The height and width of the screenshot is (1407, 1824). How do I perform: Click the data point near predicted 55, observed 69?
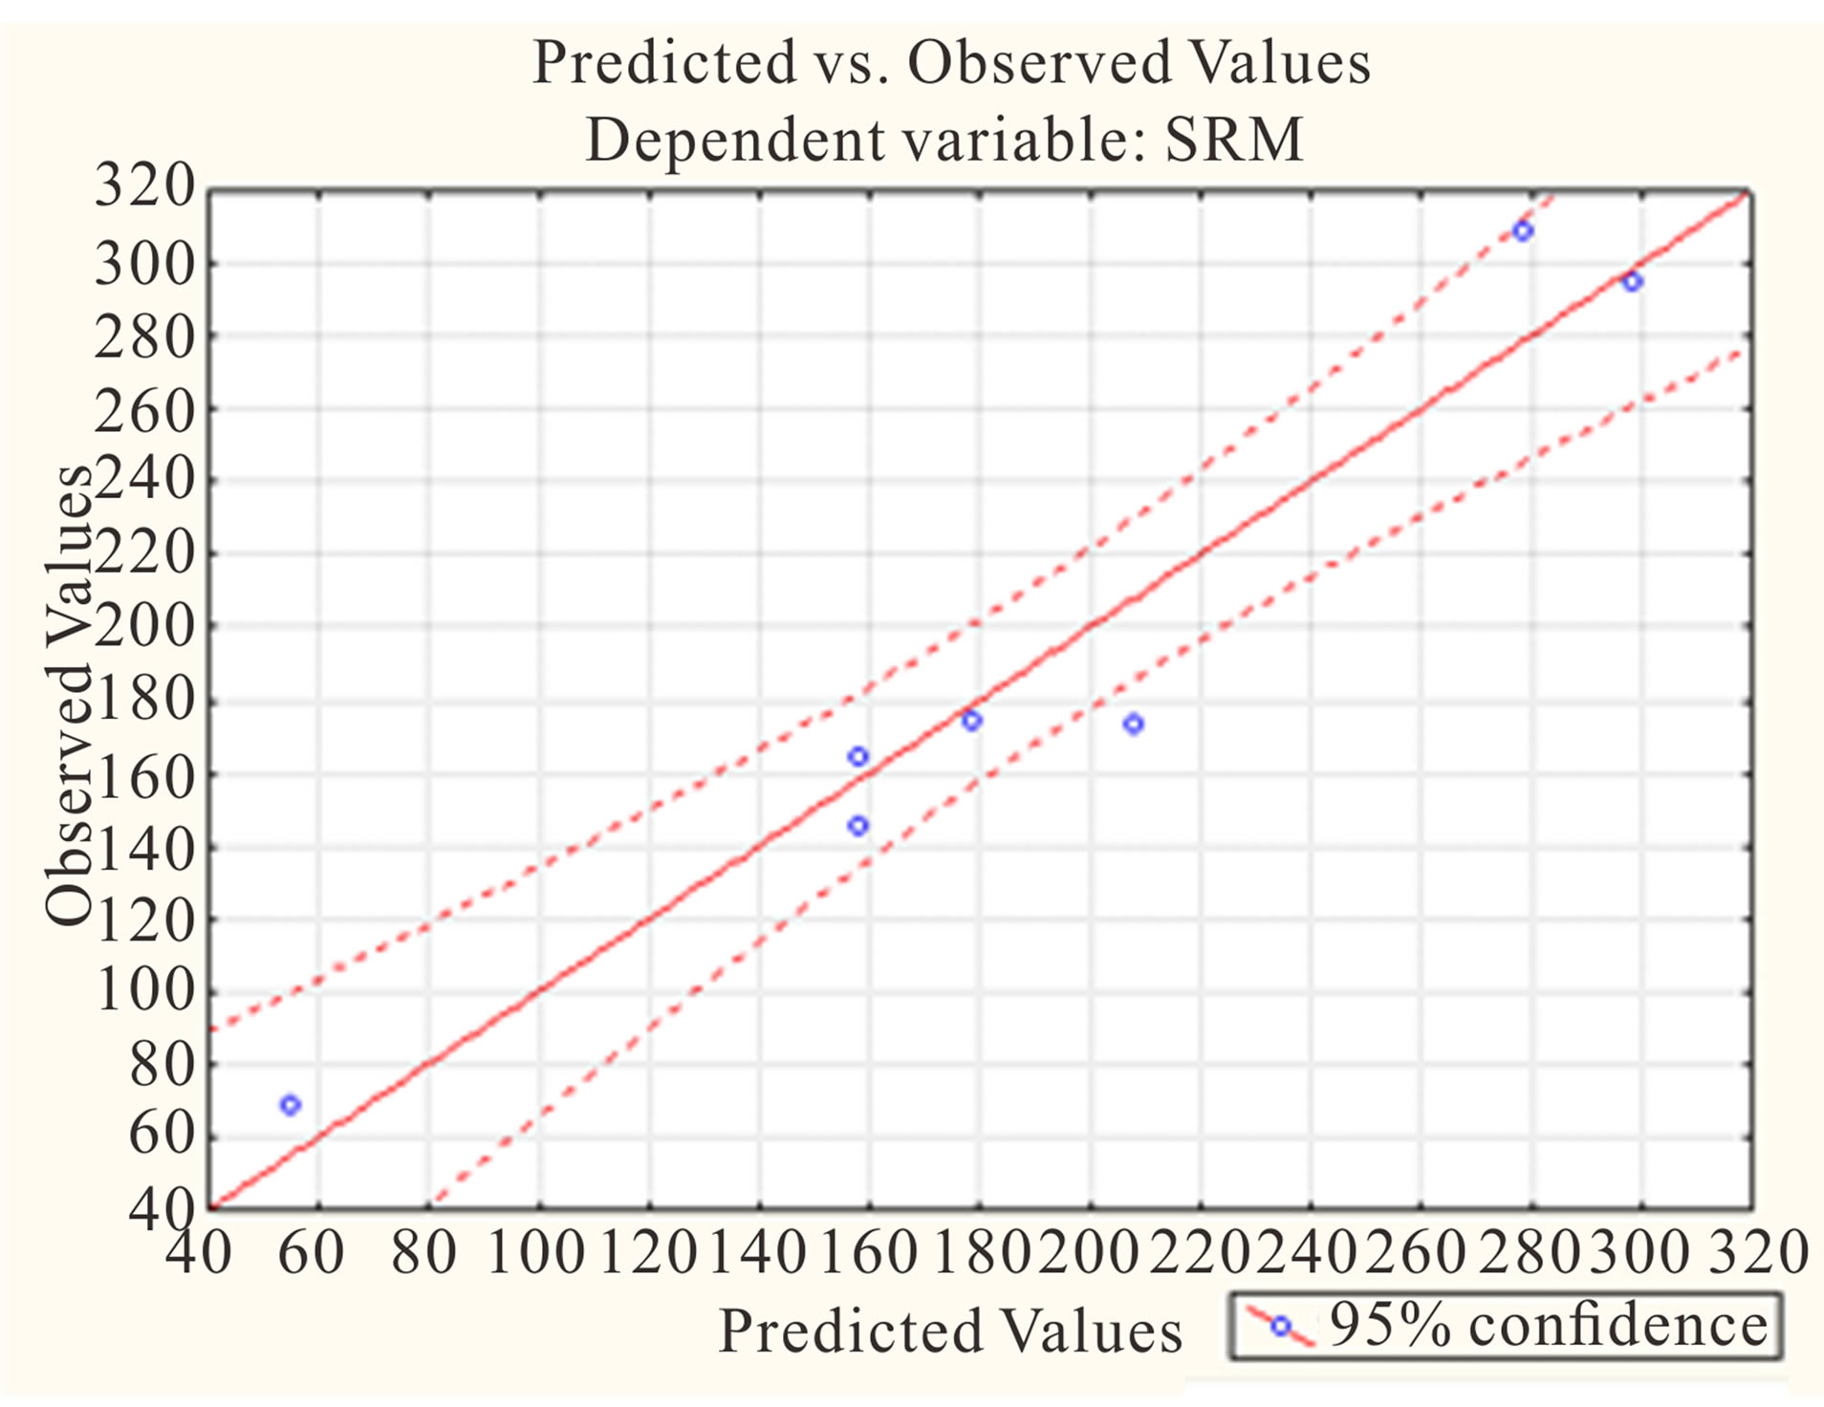pos(291,1105)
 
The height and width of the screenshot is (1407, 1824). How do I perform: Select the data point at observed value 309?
pos(1523,231)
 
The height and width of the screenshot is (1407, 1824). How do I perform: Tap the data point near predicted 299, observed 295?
pos(1632,282)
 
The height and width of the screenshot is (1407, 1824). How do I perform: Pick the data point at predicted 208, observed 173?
pos(1133,725)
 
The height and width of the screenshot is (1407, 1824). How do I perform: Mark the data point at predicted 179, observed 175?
pos(971,721)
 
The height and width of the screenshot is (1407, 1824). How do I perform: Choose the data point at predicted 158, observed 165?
pos(858,757)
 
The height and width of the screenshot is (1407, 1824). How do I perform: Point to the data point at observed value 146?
pos(858,826)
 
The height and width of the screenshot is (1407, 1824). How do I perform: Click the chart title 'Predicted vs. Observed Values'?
pos(950,63)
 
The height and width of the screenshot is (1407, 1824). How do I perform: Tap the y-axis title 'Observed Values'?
pos(69,696)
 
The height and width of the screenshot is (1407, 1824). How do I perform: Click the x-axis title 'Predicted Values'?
pos(949,1331)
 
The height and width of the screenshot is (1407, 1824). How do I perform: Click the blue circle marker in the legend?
pos(1280,1326)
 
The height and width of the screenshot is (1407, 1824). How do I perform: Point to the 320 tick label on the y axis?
pos(145,185)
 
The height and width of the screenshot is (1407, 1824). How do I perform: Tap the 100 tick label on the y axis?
pos(145,990)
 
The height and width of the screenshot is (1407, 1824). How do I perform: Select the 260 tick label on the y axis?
pos(145,411)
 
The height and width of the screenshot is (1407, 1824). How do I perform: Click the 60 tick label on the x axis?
pos(312,1252)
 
